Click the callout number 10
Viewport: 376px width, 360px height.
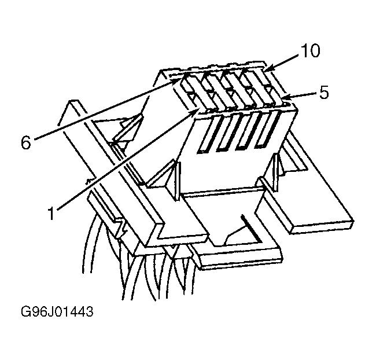pyautogui.click(x=310, y=51)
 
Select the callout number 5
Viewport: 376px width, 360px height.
pyautogui.click(x=324, y=93)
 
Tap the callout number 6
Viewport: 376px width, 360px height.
pyautogui.click(x=26, y=143)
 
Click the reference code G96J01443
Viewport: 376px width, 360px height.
pyautogui.click(x=57, y=312)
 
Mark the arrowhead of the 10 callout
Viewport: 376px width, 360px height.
pyautogui.click(x=268, y=69)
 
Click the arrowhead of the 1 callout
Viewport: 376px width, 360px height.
pyautogui.click(x=195, y=111)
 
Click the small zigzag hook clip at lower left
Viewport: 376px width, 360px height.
pyautogui.click(x=123, y=227)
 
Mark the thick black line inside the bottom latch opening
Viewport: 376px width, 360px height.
pyautogui.click(x=249, y=228)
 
